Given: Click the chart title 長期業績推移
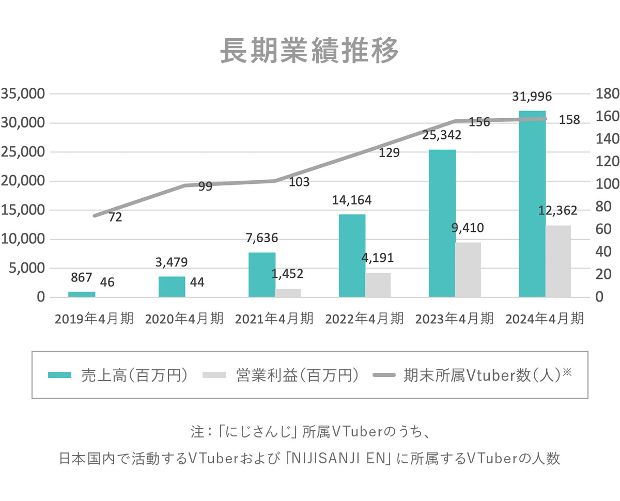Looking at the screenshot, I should (309, 51).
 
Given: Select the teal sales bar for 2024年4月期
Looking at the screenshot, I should (532, 203).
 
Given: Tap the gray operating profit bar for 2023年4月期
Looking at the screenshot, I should (468, 270).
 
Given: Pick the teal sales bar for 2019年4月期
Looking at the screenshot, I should (82, 294).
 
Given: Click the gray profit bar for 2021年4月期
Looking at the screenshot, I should (288, 293).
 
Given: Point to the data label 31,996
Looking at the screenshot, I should (532, 96).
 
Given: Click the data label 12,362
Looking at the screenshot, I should (557, 210).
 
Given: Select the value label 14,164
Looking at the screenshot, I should (352, 200).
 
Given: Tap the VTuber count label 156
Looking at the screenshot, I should (479, 122).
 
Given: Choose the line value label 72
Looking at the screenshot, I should (115, 217).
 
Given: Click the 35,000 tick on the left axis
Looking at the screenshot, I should (24, 94).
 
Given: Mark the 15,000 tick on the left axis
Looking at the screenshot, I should (24, 210).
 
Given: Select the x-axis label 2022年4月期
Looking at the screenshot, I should (364, 318).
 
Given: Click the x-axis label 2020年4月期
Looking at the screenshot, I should (184, 318).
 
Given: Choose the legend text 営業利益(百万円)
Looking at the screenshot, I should (297, 375).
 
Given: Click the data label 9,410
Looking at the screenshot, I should (468, 228).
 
